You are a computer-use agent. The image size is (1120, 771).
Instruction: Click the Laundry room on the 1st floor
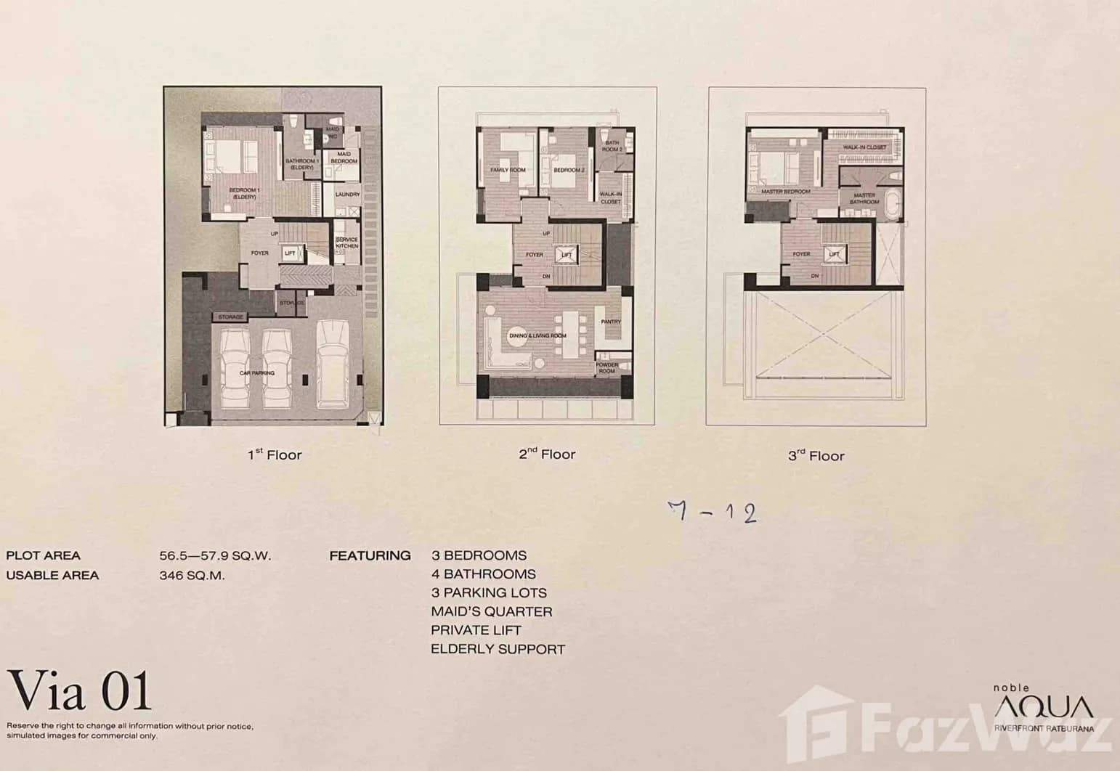tap(347, 195)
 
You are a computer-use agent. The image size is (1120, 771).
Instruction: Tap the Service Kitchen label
tap(347, 243)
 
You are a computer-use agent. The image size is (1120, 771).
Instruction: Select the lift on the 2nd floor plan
tap(566, 255)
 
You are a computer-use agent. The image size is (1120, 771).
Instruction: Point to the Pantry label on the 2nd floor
tap(611, 322)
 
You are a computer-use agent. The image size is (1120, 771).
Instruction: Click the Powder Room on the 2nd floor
tap(606, 367)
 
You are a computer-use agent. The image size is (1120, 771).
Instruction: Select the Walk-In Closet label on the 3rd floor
tap(864, 147)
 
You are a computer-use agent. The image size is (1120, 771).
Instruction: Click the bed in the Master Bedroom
tap(769, 168)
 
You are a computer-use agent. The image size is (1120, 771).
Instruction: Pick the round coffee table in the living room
tap(518, 343)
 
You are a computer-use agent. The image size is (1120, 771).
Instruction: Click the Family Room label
tap(508, 170)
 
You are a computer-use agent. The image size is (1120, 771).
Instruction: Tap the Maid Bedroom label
tap(344, 158)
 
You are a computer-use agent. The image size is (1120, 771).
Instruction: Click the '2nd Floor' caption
tap(547, 454)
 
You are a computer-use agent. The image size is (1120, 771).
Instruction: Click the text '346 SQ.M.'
tap(192, 576)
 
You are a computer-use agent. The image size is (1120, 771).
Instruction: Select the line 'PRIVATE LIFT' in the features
tap(476, 630)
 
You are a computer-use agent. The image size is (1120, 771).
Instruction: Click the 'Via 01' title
tap(80, 691)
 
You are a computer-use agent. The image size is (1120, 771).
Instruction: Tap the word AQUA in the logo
tap(1043, 706)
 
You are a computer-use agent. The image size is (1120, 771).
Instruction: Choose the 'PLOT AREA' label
tap(43, 556)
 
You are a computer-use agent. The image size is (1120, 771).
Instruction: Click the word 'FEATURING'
tap(370, 556)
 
